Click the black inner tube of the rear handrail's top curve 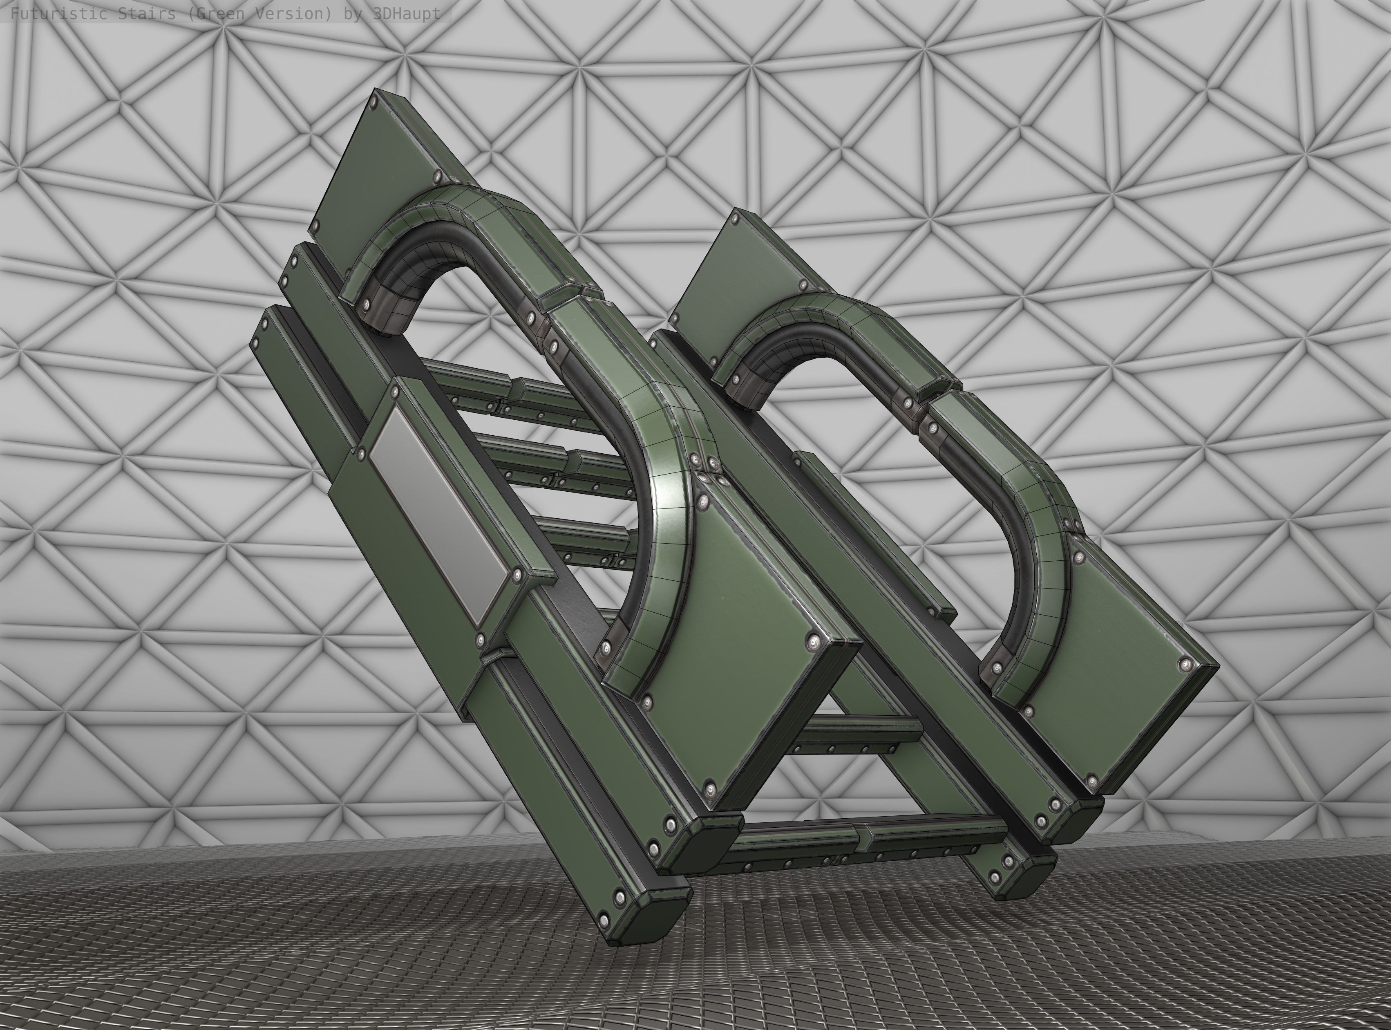[779, 349]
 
